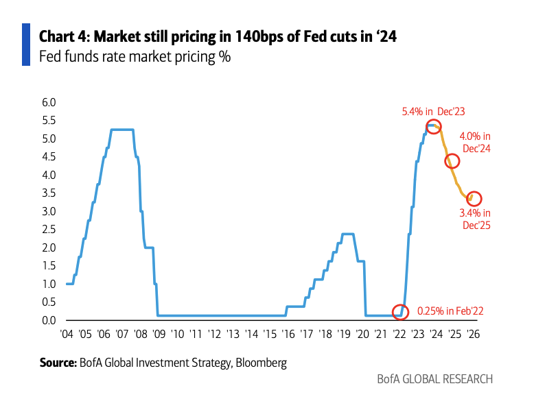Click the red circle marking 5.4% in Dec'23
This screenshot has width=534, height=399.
(x=433, y=126)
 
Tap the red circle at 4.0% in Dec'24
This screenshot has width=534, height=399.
(x=452, y=161)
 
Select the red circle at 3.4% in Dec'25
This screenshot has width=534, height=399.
(x=474, y=198)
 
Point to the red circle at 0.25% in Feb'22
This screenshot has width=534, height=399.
(x=399, y=311)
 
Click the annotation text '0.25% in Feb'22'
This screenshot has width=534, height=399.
(x=450, y=311)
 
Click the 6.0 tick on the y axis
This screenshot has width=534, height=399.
(x=49, y=102)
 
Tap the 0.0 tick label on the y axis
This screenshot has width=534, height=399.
(x=49, y=320)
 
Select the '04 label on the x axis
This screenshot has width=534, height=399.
(x=67, y=335)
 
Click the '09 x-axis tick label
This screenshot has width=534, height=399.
(x=159, y=335)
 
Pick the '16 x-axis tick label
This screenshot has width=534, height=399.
(x=286, y=335)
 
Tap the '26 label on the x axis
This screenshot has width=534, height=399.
(x=472, y=335)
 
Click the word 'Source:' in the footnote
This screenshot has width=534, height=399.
(x=56, y=361)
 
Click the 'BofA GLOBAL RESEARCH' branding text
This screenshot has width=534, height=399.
(x=434, y=379)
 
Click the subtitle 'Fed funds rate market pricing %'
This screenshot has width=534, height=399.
(x=135, y=57)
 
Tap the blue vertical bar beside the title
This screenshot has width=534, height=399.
(x=26, y=45)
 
